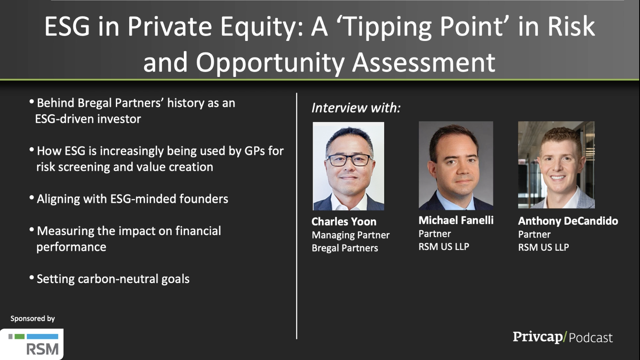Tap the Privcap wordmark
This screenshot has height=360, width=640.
(537, 337)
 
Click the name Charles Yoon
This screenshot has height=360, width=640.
(344, 221)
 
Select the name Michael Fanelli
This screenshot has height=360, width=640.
(456, 220)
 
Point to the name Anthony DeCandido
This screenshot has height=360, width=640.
(568, 221)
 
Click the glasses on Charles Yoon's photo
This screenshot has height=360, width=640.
(349, 160)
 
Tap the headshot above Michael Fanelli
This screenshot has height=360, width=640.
(456, 165)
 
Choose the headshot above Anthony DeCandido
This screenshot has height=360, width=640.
(556, 165)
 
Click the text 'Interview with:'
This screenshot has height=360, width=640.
(356, 108)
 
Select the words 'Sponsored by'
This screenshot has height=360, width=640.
(33, 319)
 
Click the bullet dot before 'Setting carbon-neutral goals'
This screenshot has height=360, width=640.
(32, 278)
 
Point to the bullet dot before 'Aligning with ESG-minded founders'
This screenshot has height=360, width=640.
(32, 197)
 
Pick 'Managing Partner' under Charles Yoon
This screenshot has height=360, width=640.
(351, 235)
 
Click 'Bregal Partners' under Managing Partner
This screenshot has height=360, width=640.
(345, 248)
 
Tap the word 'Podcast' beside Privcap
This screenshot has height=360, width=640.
(591, 338)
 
